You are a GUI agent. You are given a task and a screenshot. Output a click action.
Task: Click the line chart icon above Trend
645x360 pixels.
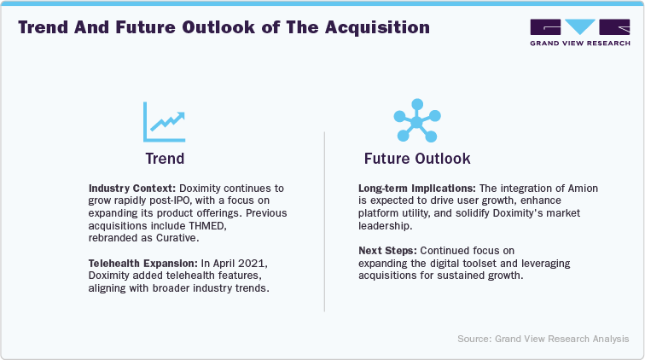point(165,122)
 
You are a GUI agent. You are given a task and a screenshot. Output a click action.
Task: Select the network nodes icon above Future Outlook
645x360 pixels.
point(416,123)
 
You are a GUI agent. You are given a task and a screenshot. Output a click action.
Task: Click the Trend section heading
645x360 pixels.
point(164,159)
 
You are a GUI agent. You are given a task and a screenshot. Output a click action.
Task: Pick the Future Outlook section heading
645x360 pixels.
point(416,159)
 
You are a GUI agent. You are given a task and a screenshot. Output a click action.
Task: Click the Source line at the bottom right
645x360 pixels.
point(543,339)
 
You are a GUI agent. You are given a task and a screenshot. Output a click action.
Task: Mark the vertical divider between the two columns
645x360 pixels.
point(323,222)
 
